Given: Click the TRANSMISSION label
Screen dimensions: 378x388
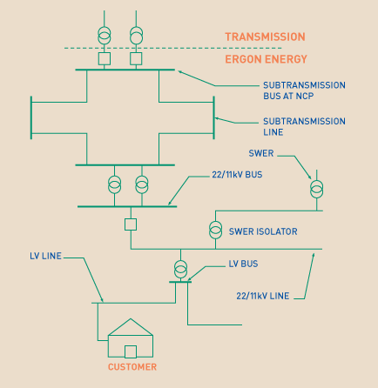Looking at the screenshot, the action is (x=265, y=37).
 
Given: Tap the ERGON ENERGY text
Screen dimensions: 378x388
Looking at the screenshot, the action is (x=266, y=59).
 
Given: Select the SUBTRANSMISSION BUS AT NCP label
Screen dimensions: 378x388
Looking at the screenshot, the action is (x=304, y=90).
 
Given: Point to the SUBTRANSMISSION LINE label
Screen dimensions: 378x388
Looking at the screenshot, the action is (x=304, y=126).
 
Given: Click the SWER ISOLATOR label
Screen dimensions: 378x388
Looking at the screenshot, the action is (x=263, y=231).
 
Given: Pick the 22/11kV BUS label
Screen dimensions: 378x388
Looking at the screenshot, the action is (x=237, y=175).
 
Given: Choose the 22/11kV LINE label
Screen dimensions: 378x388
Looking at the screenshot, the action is (x=263, y=296).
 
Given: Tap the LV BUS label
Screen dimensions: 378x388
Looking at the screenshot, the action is (x=243, y=264).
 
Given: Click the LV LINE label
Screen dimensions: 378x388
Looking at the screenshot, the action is (x=45, y=256).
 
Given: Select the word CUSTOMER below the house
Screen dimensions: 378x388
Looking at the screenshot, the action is (x=132, y=367).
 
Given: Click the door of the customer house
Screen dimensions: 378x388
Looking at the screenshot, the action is (x=131, y=351).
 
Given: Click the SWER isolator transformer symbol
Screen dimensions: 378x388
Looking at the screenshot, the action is (x=215, y=230).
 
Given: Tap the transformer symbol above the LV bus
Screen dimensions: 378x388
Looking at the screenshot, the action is (x=180, y=270).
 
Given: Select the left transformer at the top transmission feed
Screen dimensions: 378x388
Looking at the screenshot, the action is (x=105, y=36).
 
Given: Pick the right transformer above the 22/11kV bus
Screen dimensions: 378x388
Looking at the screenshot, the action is (x=142, y=184).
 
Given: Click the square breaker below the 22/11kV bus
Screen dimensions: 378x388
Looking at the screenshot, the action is (x=131, y=224).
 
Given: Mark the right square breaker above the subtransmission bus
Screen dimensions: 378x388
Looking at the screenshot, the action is (x=136, y=58).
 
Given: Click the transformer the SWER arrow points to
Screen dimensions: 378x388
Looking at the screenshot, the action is (x=316, y=189).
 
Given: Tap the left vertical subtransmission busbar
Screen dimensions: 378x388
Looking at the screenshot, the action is (x=31, y=117).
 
